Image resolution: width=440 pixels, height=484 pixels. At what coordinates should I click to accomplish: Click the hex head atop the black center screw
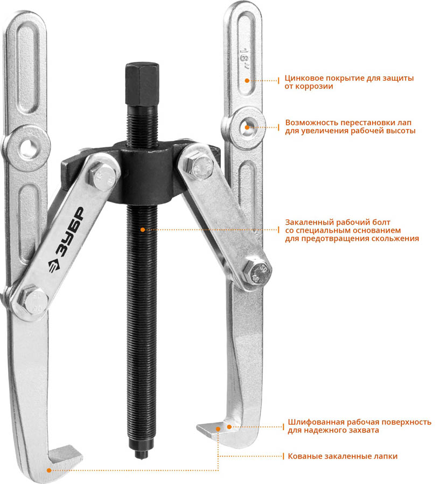(142, 84)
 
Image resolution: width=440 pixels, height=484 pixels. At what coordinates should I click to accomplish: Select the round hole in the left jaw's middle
(28, 147)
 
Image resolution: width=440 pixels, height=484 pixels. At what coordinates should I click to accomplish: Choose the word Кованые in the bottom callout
(304, 456)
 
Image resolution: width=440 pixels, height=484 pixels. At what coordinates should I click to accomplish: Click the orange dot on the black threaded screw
(143, 230)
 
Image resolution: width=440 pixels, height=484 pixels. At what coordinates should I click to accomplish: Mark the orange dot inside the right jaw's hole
(247, 127)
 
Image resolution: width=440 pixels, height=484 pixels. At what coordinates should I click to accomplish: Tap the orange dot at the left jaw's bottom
(49, 471)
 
